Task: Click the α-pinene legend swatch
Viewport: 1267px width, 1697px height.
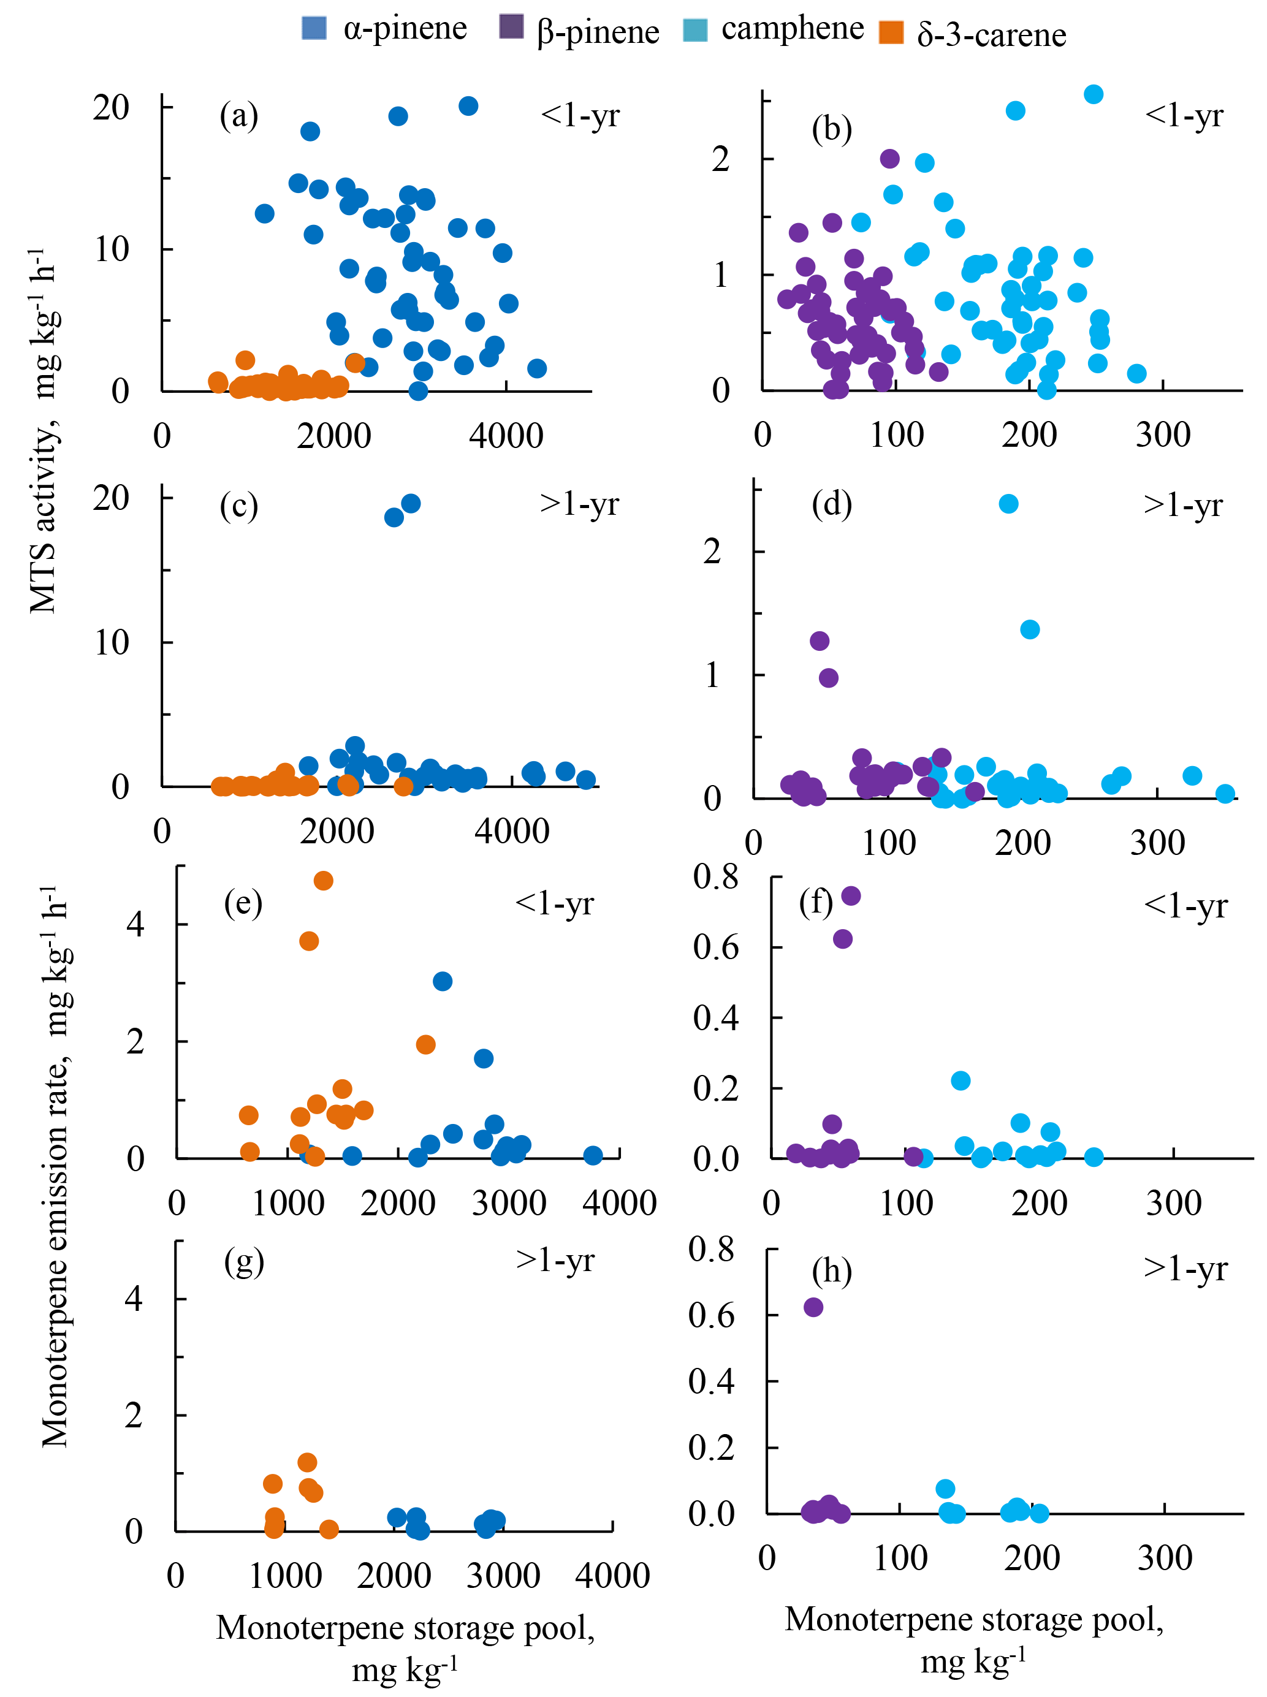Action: click(314, 28)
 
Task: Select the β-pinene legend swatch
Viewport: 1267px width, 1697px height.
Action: click(511, 26)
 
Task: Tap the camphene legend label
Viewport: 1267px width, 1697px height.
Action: click(793, 28)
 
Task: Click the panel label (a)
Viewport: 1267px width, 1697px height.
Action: click(238, 116)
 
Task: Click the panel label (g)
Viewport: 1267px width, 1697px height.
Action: click(244, 1261)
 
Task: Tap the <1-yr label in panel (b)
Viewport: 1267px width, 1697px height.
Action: click(1184, 115)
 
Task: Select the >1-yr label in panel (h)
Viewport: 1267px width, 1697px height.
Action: click(1185, 1269)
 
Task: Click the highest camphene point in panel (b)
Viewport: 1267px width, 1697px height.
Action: click(1094, 94)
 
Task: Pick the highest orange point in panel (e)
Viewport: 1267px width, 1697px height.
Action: click(323, 880)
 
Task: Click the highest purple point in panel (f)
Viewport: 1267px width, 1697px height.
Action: click(851, 895)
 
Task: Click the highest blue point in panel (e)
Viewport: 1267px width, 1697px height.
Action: click(443, 981)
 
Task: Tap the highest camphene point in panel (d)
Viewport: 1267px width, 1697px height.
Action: click(1008, 504)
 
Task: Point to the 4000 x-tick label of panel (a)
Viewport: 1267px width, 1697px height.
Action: click(506, 436)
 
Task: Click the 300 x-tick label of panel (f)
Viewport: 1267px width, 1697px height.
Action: click(1173, 1202)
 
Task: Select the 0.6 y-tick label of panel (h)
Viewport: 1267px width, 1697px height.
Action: click(712, 1315)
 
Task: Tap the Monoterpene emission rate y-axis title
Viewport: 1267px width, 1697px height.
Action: click(55, 1166)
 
